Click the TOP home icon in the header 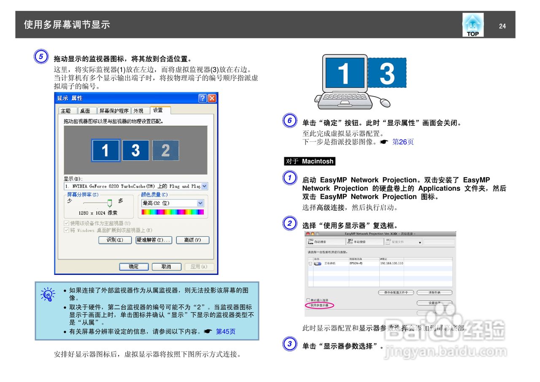(472, 25)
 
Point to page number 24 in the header (502, 26)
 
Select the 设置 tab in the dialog (159, 110)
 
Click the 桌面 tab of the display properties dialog (85, 111)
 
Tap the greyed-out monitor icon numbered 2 (165, 150)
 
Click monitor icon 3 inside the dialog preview (135, 150)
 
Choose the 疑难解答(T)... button (154, 240)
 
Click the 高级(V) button (192, 240)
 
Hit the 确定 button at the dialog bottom (134, 267)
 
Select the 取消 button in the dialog (166, 267)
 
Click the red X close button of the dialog (212, 98)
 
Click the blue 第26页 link (403, 142)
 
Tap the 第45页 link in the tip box (226, 331)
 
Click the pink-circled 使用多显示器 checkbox (309, 305)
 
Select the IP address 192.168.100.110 (391, 263)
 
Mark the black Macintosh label (310, 161)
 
